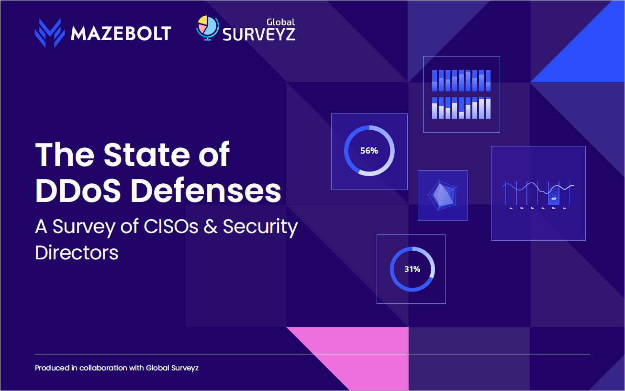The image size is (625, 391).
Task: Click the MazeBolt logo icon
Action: [x=50, y=33]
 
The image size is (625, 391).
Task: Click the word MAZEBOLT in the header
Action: [x=121, y=34]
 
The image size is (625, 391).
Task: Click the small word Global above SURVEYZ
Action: [x=280, y=22]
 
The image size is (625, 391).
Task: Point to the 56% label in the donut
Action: [x=369, y=151]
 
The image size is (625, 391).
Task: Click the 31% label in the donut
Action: [x=412, y=269]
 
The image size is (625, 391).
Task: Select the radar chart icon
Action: [x=442, y=195]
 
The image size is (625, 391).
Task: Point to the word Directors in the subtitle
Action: [x=77, y=252]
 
